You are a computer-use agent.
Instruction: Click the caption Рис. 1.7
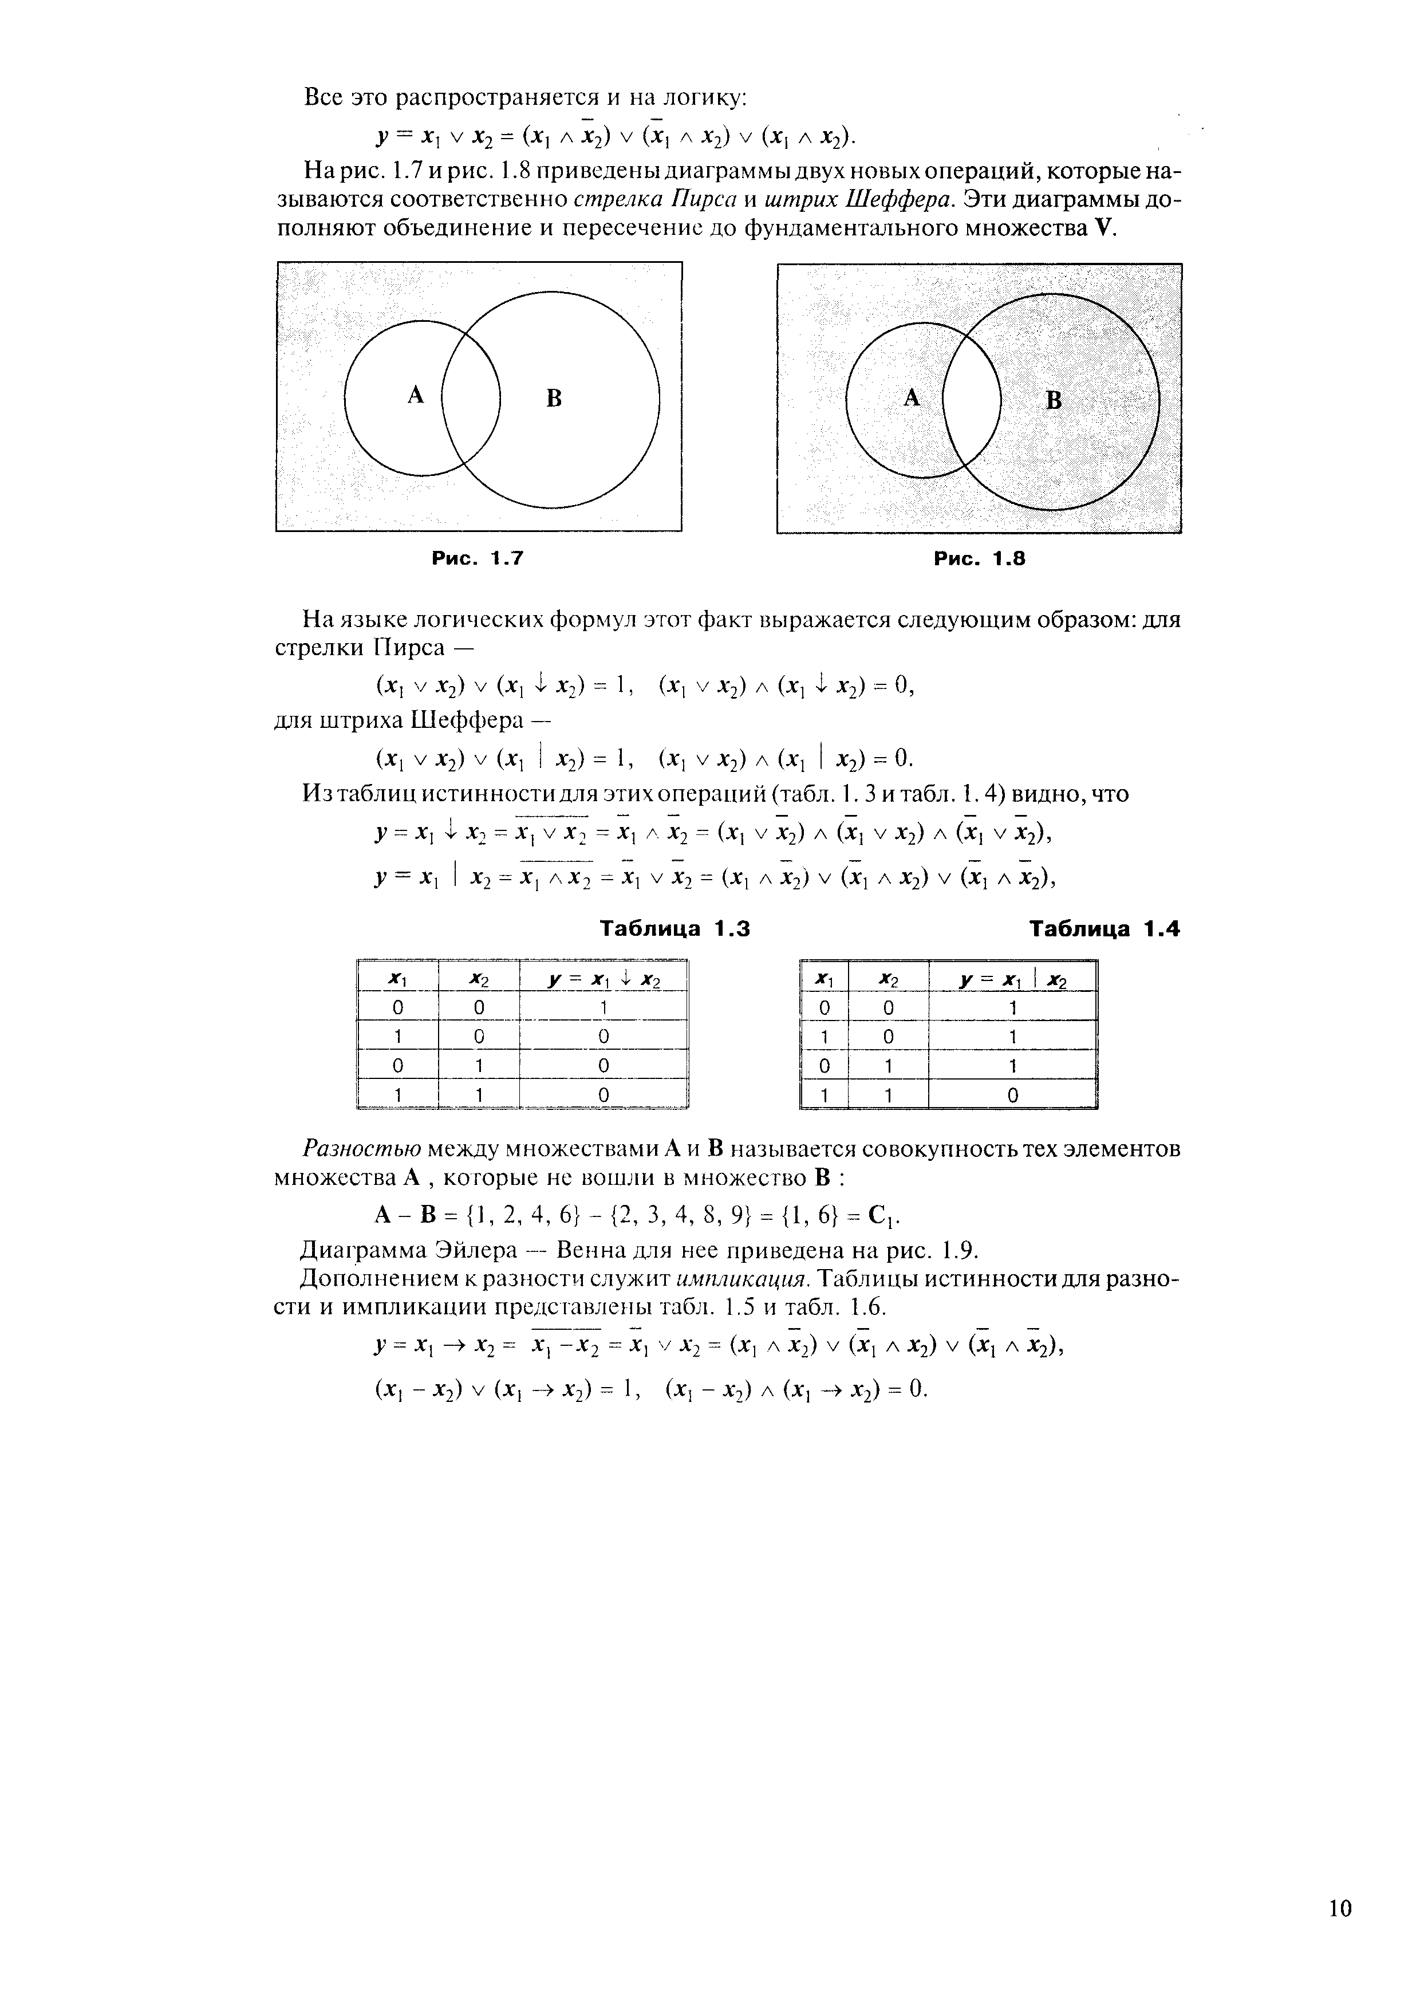pos(477,558)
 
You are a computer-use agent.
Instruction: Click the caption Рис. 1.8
pos(978,558)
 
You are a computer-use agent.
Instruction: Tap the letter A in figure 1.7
pos(416,396)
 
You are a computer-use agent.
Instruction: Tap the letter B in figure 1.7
pos(553,399)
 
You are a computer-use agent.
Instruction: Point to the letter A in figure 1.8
pos(912,399)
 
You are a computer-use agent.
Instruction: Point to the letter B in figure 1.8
pos(1054,401)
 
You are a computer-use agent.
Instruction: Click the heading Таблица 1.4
pos(1104,928)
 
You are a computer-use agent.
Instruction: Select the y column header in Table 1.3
pos(603,979)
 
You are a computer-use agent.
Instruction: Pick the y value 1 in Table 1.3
pos(603,1008)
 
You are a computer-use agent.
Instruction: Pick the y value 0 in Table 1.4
pos(1012,1094)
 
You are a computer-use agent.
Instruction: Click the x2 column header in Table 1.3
pos(478,979)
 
